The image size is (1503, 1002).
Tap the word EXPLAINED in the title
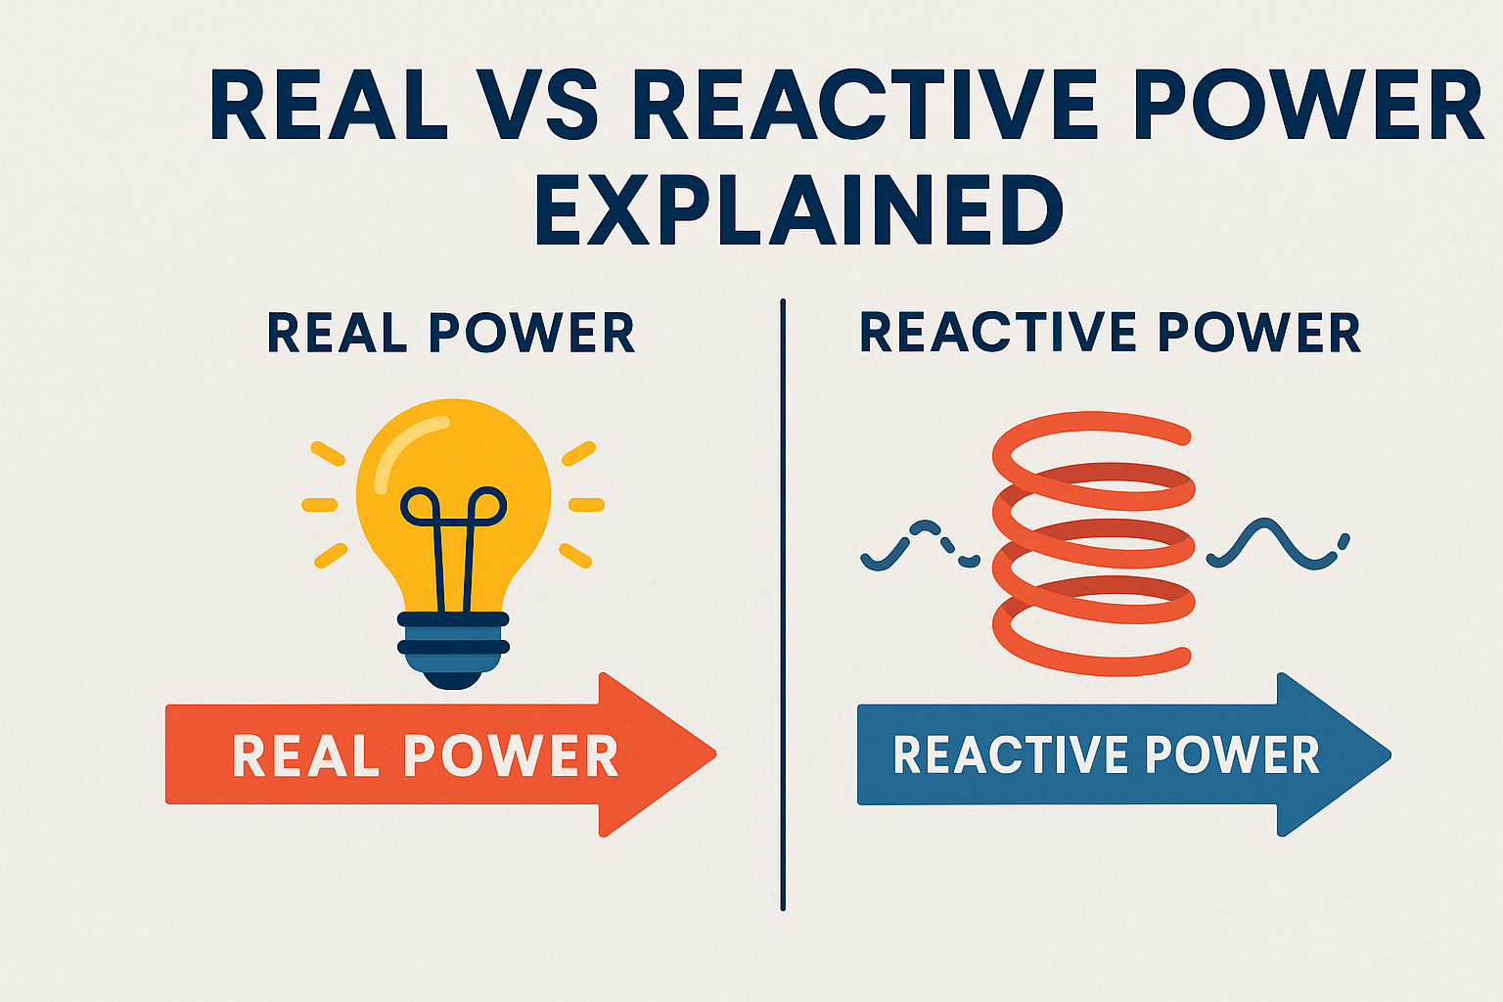pyautogui.click(x=798, y=211)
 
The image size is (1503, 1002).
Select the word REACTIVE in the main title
pyautogui.click(x=867, y=106)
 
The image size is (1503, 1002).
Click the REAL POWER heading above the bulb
pyautogui.click(x=451, y=334)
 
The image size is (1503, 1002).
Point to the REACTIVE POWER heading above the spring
pyautogui.click(x=1110, y=334)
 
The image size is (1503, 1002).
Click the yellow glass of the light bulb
pyautogui.click(x=453, y=460)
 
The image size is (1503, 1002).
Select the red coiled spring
pyautogui.click(x=1093, y=543)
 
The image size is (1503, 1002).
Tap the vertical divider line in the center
pyautogui.click(x=783, y=607)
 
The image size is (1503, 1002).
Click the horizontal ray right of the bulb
pyautogui.click(x=586, y=505)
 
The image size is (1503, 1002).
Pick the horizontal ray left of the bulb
pyautogui.click(x=320, y=505)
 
